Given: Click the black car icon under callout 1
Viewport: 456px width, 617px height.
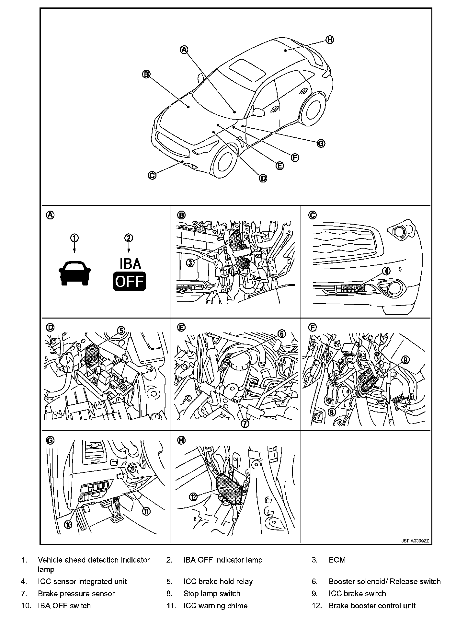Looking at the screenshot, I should coord(74,273).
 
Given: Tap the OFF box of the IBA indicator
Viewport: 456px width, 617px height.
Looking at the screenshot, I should coord(129,281).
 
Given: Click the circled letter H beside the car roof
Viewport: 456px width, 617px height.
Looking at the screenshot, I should coord(329,40).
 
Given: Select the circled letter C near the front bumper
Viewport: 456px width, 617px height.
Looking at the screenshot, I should coord(152,175).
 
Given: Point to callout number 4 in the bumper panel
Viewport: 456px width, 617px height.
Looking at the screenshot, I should coord(386,271).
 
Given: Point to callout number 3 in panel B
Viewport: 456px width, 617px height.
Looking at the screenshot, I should coord(190,262).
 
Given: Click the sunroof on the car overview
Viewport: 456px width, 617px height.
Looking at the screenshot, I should coord(247,70).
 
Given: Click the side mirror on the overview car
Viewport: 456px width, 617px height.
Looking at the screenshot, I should coord(259,112).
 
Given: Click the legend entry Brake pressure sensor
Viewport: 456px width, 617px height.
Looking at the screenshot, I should coord(76,594).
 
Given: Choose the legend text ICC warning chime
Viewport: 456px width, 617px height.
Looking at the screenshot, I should coord(215,606).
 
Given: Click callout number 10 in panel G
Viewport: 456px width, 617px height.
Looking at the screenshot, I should coord(68,524).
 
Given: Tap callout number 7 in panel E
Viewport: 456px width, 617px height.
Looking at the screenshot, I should coord(245,423).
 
